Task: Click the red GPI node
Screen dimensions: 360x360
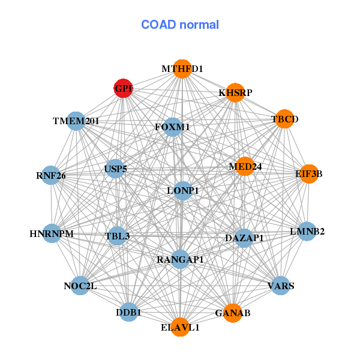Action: tap(123, 89)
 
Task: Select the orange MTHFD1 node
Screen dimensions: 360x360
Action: tap(182, 69)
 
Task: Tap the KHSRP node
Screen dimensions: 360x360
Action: tap(235, 92)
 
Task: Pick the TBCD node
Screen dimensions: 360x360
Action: tap(284, 119)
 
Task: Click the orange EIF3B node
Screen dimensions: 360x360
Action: tap(308, 174)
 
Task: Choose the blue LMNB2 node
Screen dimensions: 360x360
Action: tap(307, 231)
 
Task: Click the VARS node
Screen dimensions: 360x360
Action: tap(281, 286)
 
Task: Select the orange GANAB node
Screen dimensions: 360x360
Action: tap(233, 313)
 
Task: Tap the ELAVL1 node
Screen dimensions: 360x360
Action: tap(180, 328)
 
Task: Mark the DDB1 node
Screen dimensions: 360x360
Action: tap(128, 312)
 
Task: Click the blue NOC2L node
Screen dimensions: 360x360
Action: tap(80, 286)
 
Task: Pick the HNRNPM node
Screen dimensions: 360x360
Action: tap(52, 233)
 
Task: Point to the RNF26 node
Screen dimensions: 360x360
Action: tap(51, 176)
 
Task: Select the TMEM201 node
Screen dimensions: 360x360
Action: tap(76, 121)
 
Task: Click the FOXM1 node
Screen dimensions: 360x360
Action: tap(172, 127)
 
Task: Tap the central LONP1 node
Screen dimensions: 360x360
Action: tap(182, 191)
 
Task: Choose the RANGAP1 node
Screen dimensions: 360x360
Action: tap(181, 259)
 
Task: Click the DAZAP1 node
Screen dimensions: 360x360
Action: tap(244, 238)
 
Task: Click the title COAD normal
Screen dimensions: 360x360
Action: tap(180, 25)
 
